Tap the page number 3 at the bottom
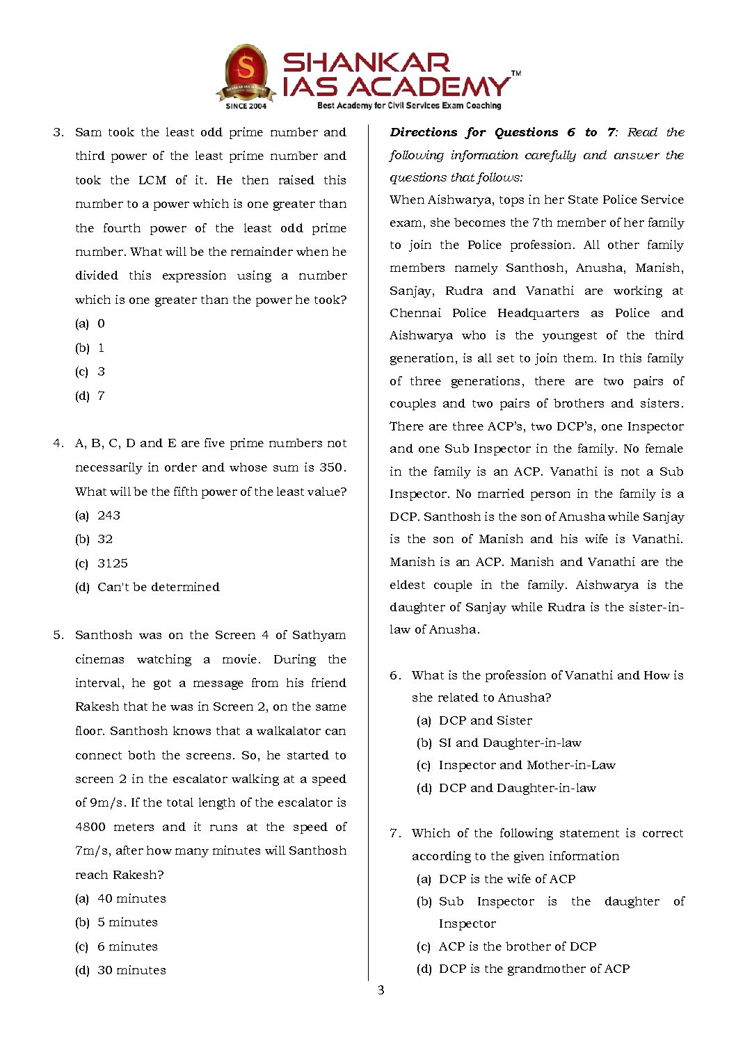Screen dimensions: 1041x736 (x=381, y=990)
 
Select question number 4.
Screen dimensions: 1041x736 (x=58, y=444)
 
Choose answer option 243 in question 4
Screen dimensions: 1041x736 (x=109, y=515)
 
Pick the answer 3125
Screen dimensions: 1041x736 (x=112, y=563)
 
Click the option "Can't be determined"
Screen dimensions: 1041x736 (x=158, y=587)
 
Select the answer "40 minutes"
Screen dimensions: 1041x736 (x=131, y=898)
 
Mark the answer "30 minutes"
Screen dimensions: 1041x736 (x=131, y=970)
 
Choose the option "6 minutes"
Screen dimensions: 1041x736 (x=127, y=946)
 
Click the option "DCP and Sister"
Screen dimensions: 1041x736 (x=485, y=720)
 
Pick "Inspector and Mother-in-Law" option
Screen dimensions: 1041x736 (x=527, y=765)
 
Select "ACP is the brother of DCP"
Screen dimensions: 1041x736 (x=517, y=946)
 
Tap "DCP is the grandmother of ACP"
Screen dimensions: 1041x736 (x=534, y=969)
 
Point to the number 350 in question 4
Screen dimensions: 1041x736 (x=331, y=467)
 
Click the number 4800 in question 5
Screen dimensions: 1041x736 (x=90, y=827)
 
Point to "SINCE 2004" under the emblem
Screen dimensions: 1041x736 (x=246, y=106)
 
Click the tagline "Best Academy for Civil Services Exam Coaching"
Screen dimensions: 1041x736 (x=409, y=106)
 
